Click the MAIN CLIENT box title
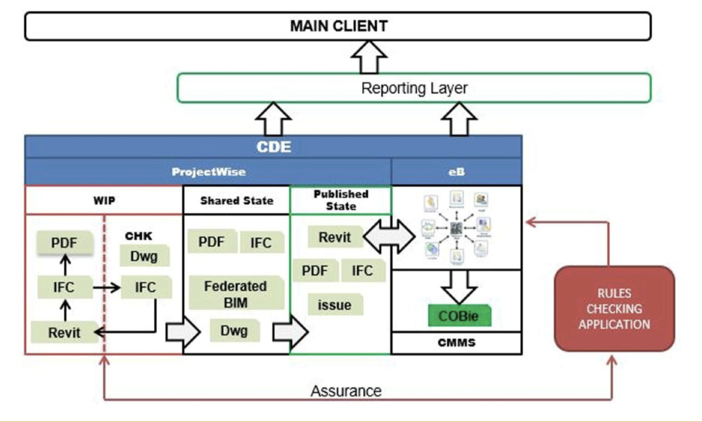(x=338, y=26)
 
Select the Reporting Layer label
(x=414, y=88)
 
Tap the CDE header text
(x=273, y=147)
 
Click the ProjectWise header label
(x=208, y=172)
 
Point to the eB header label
(x=456, y=172)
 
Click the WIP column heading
(x=104, y=201)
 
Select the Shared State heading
(x=236, y=201)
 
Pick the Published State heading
(x=341, y=200)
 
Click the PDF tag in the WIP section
(x=65, y=243)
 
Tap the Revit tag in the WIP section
(x=65, y=332)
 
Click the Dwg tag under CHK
(x=144, y=256)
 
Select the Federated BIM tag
(x=236, y=294)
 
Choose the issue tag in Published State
(x=334, y=305)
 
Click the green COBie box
(x=459, y=316)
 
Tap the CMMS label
(x=456, y=343)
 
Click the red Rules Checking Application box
(x=614, y=309)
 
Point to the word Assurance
(x=346, y=391)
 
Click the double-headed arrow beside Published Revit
(x=389, y=237)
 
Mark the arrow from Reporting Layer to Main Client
(x=369, y=57)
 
